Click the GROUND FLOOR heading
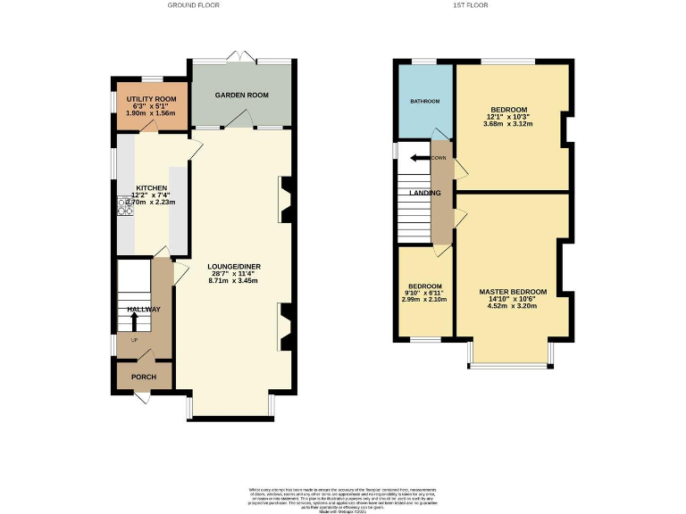[x=193, y=5]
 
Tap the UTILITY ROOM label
[x=151, y=98]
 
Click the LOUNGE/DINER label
[x=233, y=266]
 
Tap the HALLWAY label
[x=143, y=309]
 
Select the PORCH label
[x=144, y=377]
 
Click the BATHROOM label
[x=424, y=101]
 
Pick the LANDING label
[x=423, y=193]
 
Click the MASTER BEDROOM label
[x=513, y=292]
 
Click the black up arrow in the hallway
[x=135, y=320]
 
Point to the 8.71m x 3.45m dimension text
[x=233, y=281]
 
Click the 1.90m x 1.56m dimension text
[x=151, y=113]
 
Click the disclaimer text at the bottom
[x=342, y=497]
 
